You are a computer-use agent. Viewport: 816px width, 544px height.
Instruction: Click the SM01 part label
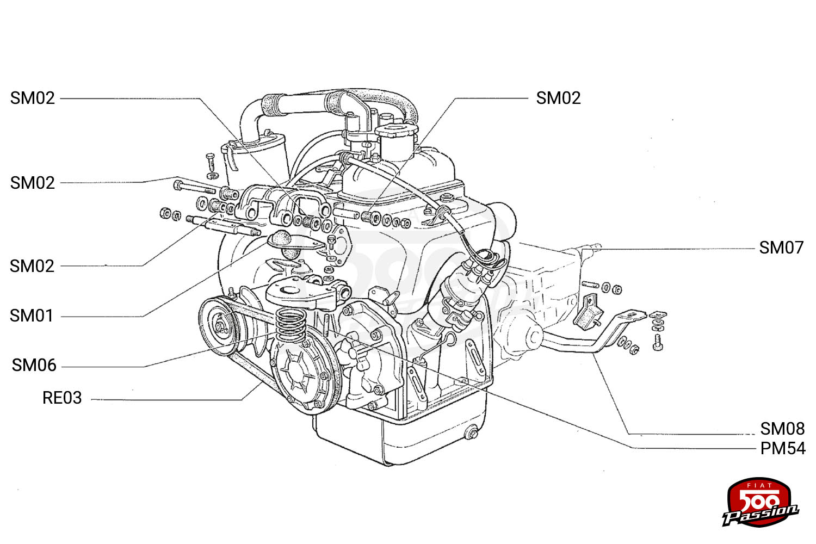32,316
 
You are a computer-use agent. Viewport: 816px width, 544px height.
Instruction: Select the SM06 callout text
34,366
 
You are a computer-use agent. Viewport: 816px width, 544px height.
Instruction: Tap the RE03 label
62,398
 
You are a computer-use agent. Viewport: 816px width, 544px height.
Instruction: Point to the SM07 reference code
781,248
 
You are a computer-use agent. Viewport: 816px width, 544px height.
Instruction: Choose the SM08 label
782,429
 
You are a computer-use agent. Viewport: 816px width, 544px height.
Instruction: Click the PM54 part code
783,449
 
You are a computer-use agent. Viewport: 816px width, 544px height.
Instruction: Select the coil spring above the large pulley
290,324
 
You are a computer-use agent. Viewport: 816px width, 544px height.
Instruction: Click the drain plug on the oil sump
472,433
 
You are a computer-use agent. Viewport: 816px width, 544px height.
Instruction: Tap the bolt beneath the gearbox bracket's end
658,343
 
